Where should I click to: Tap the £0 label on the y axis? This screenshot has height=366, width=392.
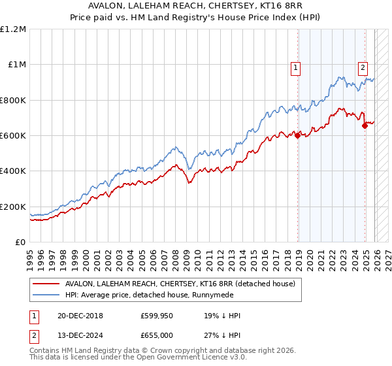tap(21, 242)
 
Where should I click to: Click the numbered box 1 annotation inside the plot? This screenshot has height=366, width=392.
tap(296, 66)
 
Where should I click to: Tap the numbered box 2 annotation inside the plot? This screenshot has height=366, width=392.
tap(363, 66)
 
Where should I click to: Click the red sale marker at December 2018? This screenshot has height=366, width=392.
tap(298, 136)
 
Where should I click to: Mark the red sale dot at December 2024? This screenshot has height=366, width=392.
tap(365, 126)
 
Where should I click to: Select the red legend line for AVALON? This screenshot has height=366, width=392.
tap(46, 284)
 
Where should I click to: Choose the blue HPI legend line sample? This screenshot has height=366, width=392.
tap(46, 295)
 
